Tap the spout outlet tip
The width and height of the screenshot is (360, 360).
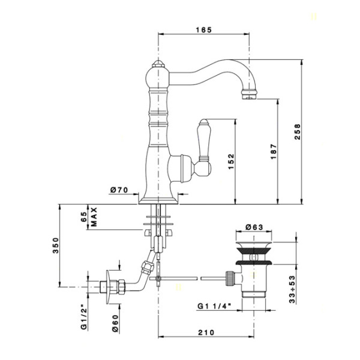(x=247, y=92)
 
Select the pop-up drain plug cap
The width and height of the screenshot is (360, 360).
(x=254, y=247)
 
